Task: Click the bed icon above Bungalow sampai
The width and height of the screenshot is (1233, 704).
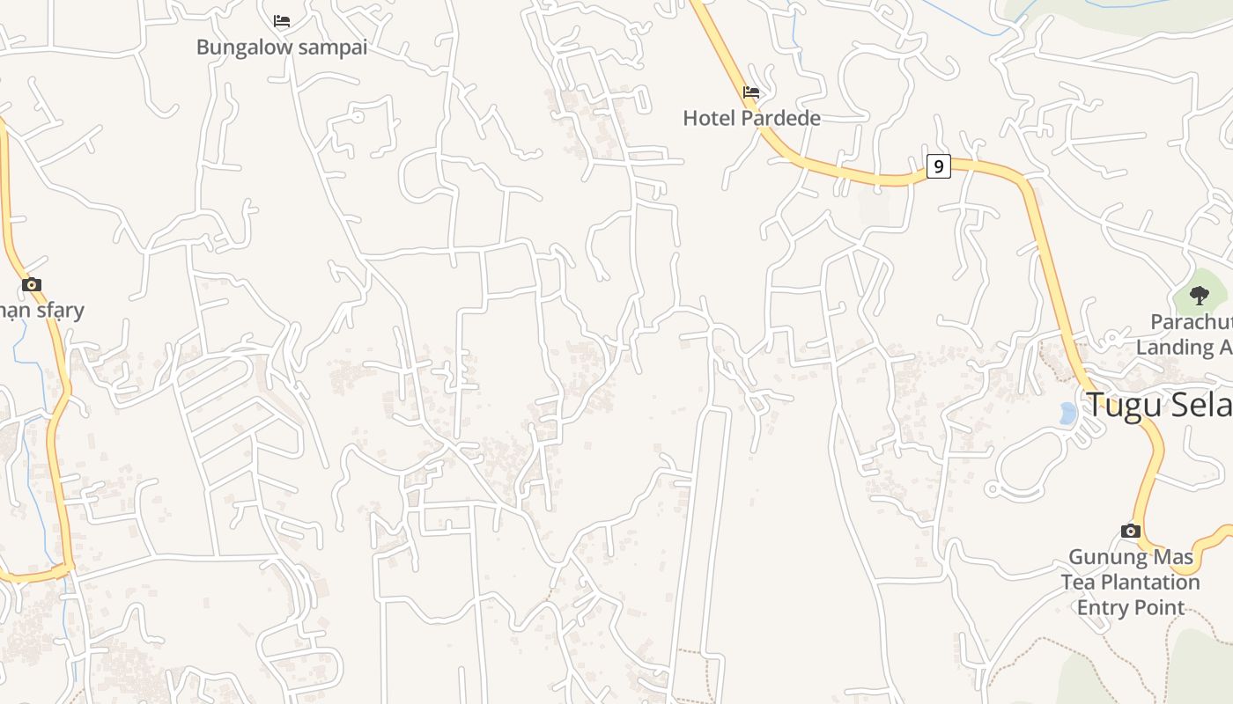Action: point(282,20)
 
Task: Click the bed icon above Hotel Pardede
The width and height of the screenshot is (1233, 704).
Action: point(751,92)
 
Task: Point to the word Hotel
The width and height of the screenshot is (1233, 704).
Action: point(710,118)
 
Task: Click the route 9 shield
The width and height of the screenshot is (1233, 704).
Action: point(939,165)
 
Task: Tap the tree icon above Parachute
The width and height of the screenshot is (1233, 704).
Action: point(1199,295)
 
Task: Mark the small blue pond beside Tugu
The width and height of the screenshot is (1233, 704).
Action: point(1067,413)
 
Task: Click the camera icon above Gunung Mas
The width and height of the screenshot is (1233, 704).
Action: point(1131,531)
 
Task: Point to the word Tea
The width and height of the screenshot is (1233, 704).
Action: point(1077,583)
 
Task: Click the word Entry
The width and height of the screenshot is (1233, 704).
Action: point(1104,608)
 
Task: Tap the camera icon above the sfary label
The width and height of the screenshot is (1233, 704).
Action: point(32,284)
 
